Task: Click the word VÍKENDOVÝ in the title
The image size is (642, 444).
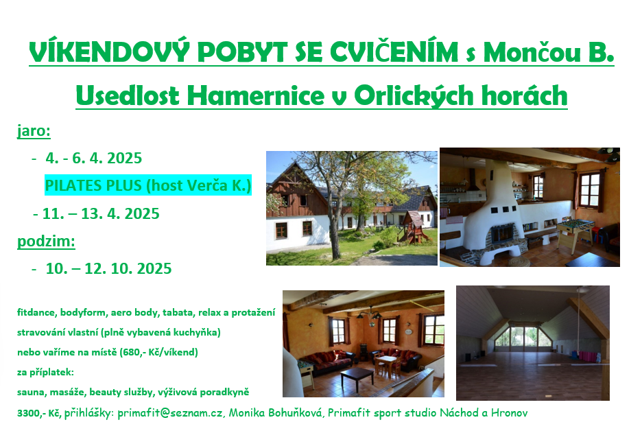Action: click(109, 52)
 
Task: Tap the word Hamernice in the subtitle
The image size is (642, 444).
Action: click(255, 96)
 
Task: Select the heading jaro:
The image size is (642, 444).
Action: click(34, 131)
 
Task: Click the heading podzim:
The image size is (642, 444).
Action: click(46, 242)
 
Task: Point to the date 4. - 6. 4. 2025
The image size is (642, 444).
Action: click(94, 158)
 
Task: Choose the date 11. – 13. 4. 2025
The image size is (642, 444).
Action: click(101, 214)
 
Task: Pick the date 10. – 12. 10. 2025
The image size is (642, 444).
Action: click(108, 269)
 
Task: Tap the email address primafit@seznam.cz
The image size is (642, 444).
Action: click(170, 412)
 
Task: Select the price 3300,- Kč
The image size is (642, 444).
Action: click(39, 413)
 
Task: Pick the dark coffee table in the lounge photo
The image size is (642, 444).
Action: click(357, 377)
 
